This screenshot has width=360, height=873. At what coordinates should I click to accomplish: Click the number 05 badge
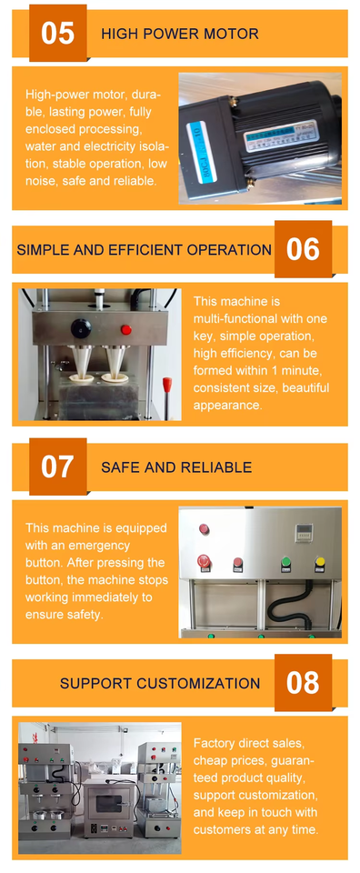[58, 33]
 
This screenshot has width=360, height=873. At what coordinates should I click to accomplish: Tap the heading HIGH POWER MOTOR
[180, 34]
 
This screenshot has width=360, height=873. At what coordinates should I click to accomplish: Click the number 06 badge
[303, 249]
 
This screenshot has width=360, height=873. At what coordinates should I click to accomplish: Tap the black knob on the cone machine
[81, 328]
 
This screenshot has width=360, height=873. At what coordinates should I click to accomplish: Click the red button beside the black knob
[126, 329]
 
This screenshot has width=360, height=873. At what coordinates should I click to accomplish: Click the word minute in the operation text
[308, 370]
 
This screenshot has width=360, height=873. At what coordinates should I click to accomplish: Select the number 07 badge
[58, 467]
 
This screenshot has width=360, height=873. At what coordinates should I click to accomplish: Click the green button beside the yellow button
[287, 563]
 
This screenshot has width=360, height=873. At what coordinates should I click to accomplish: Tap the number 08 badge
[303, 683]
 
